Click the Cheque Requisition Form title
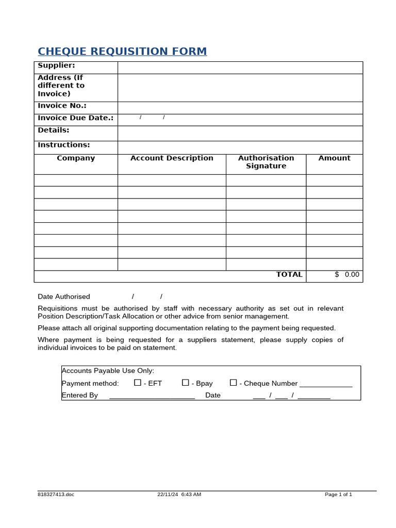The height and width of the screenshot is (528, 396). pyautogui.click(x=122, y=52)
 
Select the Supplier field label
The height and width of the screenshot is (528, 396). pyautogui.click(x=56, y=65)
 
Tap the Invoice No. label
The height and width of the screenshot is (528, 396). pyautogui.click(x=62, y=106)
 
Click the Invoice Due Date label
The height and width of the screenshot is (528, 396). pyautogui.click(x=75, y=118)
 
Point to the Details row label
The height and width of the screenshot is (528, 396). pyautogui.click(x=53, y=130)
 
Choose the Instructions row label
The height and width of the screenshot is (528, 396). pyautogui.click(x=63, y=145)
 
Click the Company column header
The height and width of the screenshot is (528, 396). pyautogui.click(x=76, y=158)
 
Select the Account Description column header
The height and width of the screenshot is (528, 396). pyautogui.click(x=172, y=158)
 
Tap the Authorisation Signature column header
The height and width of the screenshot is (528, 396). pyautogui.click(x=266, y=162)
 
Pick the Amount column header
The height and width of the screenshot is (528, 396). pyautogui.click(x=334, y=158)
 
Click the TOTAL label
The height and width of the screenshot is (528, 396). pyautogui.click(x=289, y=274)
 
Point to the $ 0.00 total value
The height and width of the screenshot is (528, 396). pyautogui.click(x=347, y=274)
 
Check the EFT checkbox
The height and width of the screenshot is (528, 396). pyautogui.click(x=138, y=383)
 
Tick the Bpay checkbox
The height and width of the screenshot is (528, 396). pyautogui.click(x=186, y=383)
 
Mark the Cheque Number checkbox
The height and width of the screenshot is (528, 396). pyautogui.click(x=234, y=383)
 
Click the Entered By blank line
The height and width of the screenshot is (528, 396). pyautogui.click(x=152, y=396)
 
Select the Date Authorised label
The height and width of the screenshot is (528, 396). pyautogui.click(x=64, y=296)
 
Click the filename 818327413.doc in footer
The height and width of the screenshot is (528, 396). pyautogui.click(x=56, y=494)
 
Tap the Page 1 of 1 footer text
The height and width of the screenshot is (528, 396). pyautogui.click(x=338, y=494)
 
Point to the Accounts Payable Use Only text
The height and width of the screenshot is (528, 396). pyautogui.click(x=108, y=371)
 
